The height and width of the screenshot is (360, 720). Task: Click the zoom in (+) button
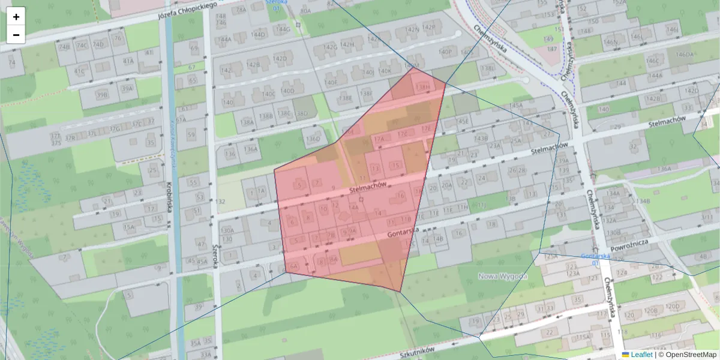16,17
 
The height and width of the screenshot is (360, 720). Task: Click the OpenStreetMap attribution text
691,355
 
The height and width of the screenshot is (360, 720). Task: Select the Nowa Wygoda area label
502,276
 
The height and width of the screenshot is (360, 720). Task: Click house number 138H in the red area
423,88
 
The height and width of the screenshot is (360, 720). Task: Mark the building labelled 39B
102,94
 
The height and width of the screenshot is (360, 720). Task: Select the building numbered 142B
253,65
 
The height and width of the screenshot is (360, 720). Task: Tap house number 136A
250,149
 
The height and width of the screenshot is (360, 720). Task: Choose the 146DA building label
685,55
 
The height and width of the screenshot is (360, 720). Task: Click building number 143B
481,138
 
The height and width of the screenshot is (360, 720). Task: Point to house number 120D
672,306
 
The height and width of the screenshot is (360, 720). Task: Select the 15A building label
129,227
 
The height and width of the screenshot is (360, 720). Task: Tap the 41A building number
128,61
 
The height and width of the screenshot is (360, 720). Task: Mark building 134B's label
644,201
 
